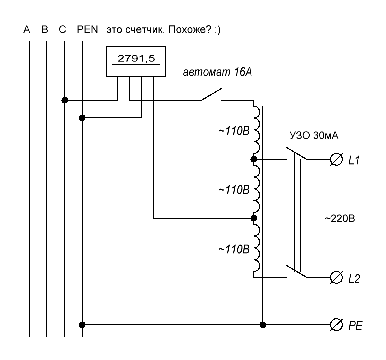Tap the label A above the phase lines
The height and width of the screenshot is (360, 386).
coord(29,30)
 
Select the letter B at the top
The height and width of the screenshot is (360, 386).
coord(45,30)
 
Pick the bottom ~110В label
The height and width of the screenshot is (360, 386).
coord(230,248)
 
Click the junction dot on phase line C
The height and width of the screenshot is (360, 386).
coord(65,100)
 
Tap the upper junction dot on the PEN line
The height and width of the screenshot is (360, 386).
coord(82,118)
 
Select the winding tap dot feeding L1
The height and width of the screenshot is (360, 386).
coord(254,159)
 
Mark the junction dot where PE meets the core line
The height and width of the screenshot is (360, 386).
coord(263,325)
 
